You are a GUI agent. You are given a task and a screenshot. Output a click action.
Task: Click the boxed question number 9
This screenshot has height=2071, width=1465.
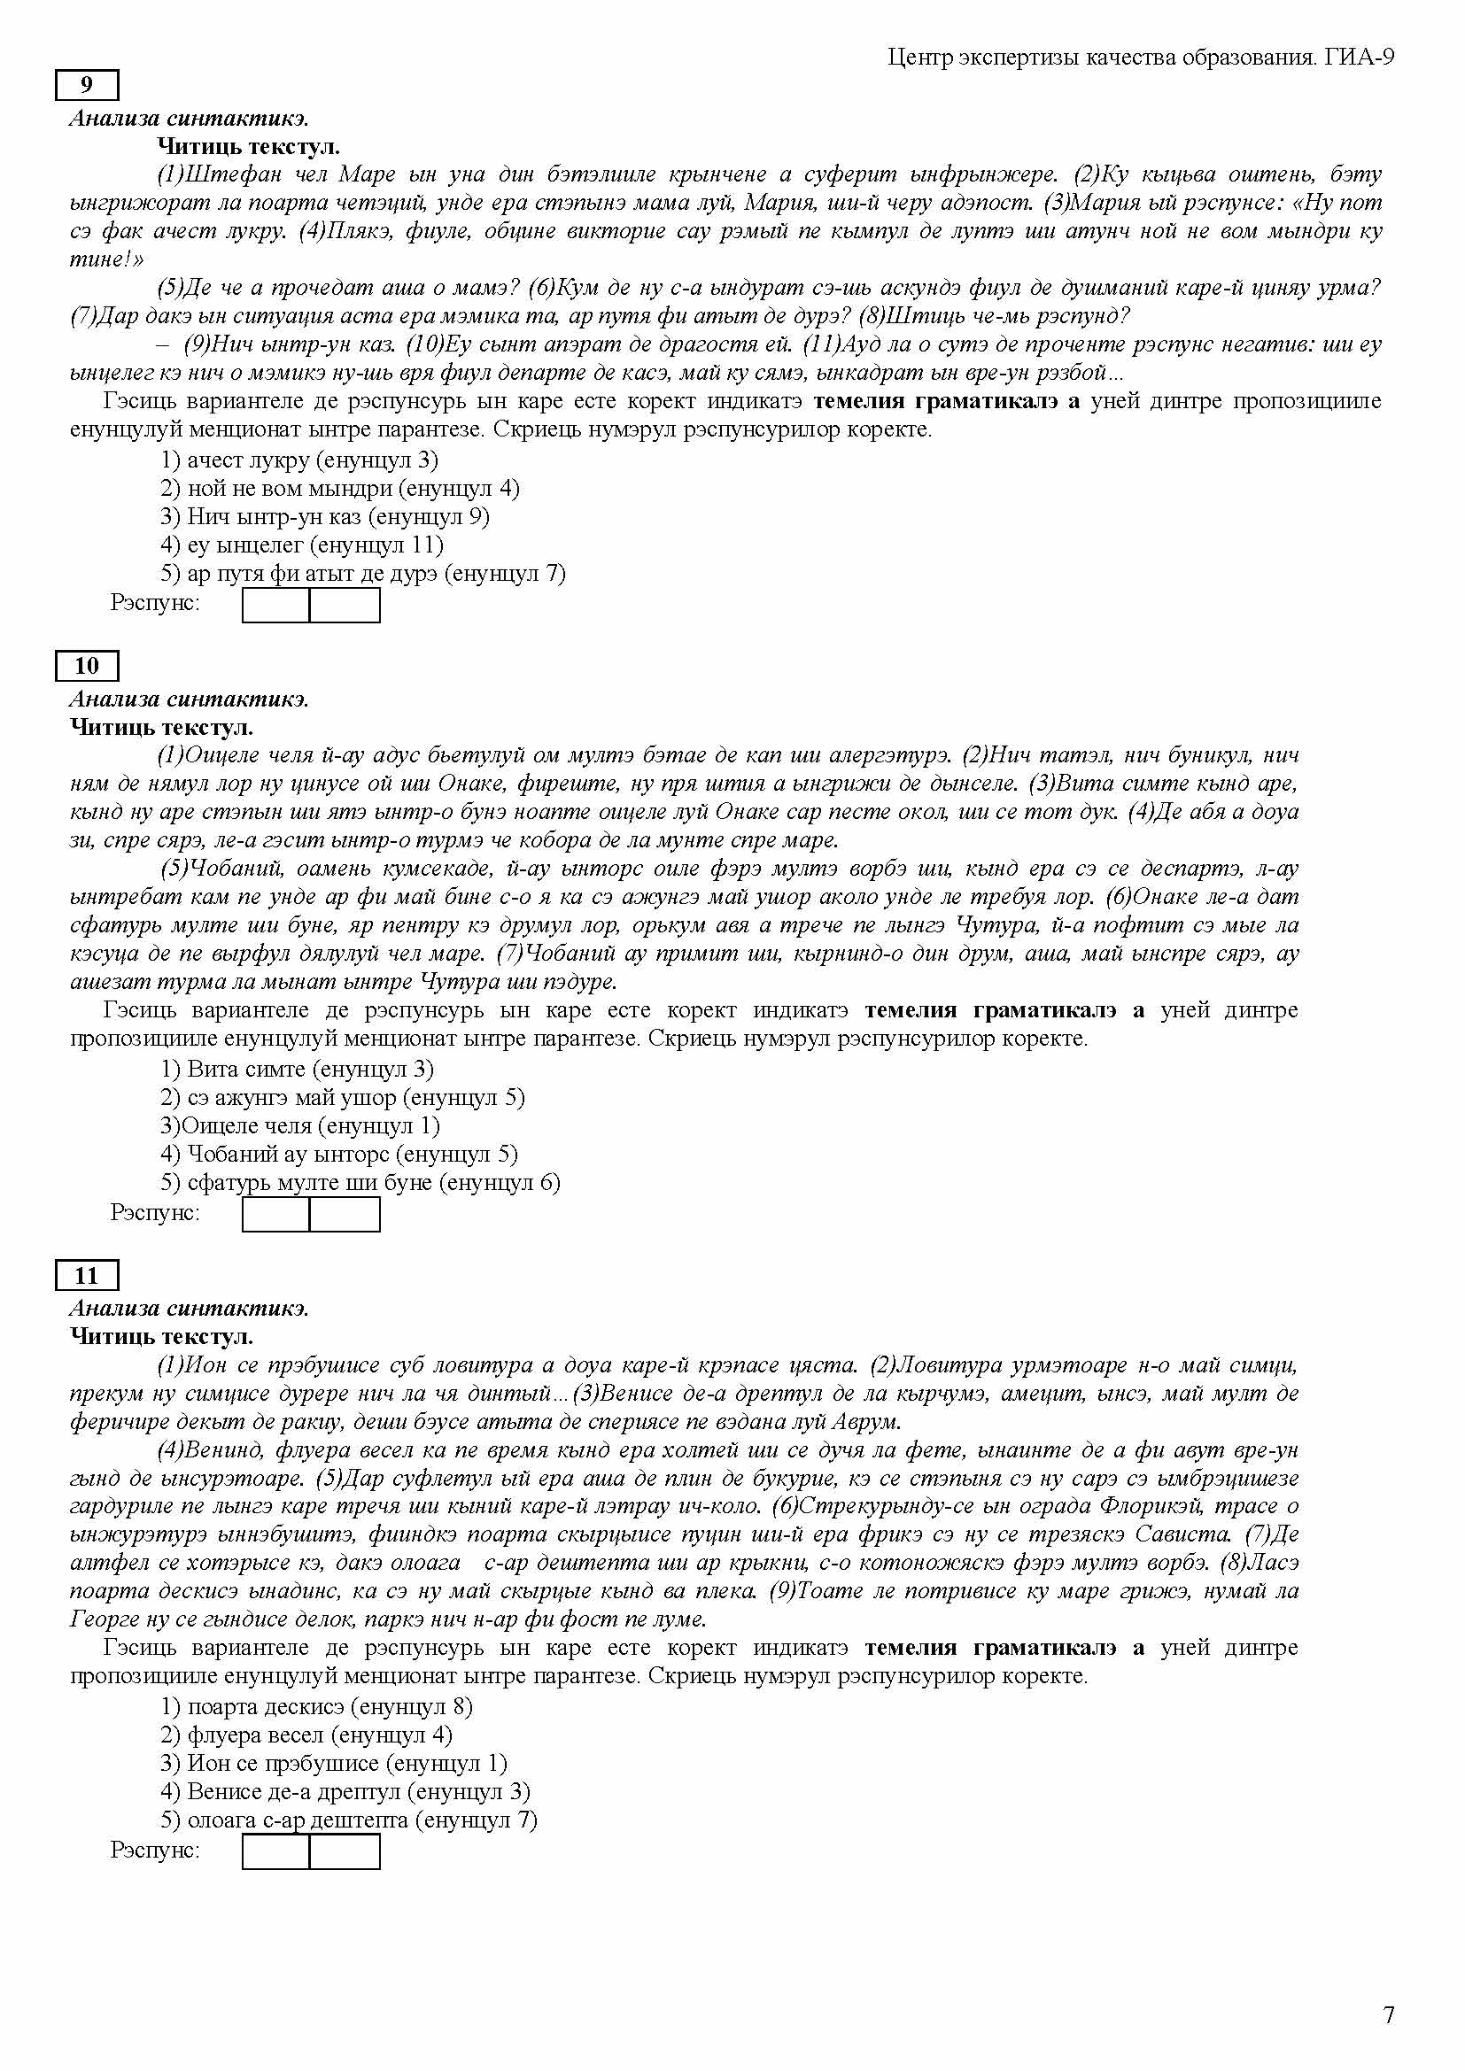click(x=87, y=85)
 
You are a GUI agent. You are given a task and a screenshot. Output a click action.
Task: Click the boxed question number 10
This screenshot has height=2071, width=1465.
click(x=87, y=666)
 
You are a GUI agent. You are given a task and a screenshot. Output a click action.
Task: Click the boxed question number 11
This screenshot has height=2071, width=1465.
click(x=87, y=1275)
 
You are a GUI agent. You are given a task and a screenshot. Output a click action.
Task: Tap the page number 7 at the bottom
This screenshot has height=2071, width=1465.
click(x=1388, y=2014)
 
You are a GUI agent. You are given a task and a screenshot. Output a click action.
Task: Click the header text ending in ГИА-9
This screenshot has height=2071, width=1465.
click(x=1141, y=58)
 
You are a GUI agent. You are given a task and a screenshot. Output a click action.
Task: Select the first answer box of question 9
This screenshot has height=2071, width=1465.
click(x=276, y=606)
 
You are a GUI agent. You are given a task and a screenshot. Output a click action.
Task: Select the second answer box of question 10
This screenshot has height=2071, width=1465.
click(x=345, y=1214)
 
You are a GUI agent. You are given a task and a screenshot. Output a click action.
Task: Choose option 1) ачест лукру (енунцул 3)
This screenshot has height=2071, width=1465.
click(x=299, y=460)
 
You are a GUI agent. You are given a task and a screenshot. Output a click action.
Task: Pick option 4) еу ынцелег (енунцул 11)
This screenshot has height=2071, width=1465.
click(x=302, y=545)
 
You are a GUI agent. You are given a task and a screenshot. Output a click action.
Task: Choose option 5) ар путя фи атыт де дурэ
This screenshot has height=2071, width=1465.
click(x=362, y=574)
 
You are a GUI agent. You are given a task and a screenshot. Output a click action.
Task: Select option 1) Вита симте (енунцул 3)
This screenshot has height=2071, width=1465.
click(x=298, y=1069)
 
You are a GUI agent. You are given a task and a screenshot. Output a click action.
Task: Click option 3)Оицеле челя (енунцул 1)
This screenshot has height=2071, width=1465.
click(x=300, y=1125)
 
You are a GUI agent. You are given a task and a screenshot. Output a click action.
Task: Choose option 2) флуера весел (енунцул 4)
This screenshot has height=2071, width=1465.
click(x=306, y=1735)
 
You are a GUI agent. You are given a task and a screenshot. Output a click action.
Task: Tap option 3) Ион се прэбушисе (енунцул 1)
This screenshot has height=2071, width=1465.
click(x=334, y=1763)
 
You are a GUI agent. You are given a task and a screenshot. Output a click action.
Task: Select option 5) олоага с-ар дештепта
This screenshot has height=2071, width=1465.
click(x=349, y=1820)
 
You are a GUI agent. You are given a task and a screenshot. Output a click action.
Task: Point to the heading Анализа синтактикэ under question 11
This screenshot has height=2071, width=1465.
click(x=190, y=1307)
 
